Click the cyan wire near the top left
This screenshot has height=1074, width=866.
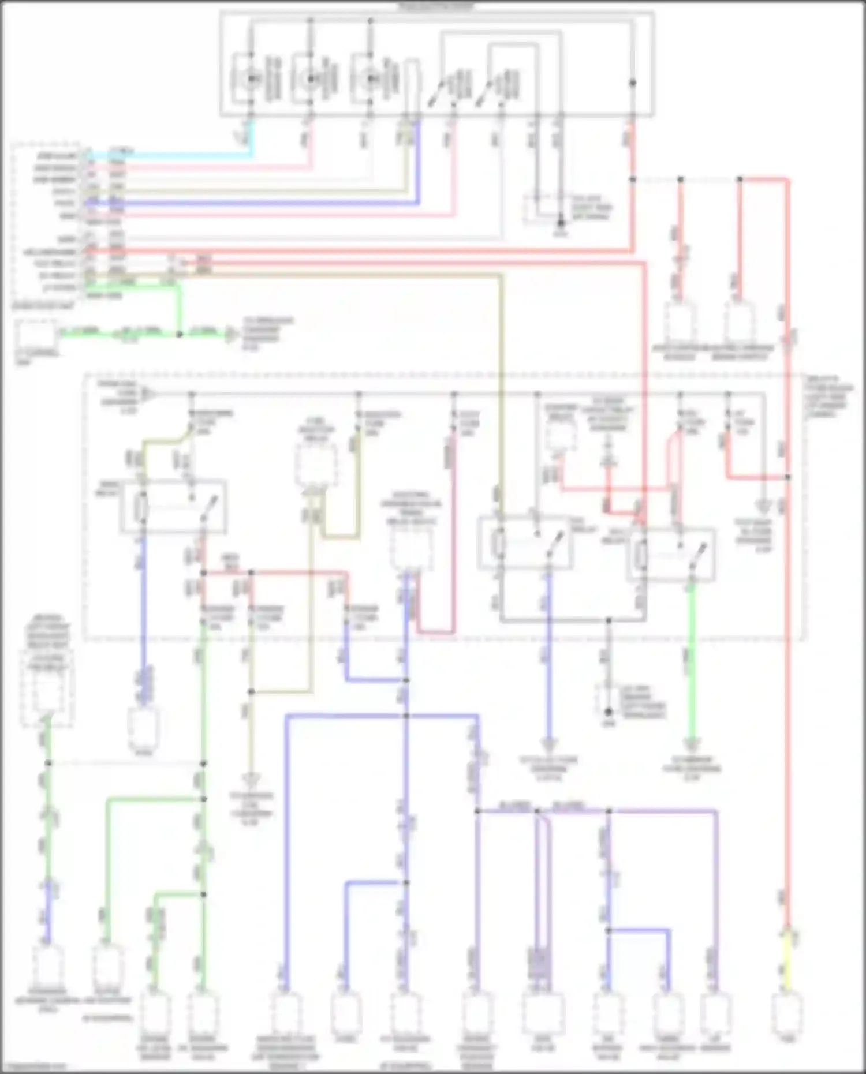[x=173, y=155]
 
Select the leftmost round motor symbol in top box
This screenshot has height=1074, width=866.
[x=251, y=78]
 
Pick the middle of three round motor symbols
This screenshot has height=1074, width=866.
[x=311, y=78]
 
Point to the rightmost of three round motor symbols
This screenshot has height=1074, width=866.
[x=370, y=78]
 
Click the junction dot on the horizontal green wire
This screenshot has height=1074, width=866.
[x=179, y=334]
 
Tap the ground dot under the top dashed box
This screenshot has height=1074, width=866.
[x=560, y=223]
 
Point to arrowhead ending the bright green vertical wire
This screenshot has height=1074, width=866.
[x=691, y=744]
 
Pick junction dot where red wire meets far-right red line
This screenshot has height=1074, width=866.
[x=788, y=477]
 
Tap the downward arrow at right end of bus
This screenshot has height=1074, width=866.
[x=764, y=507]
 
